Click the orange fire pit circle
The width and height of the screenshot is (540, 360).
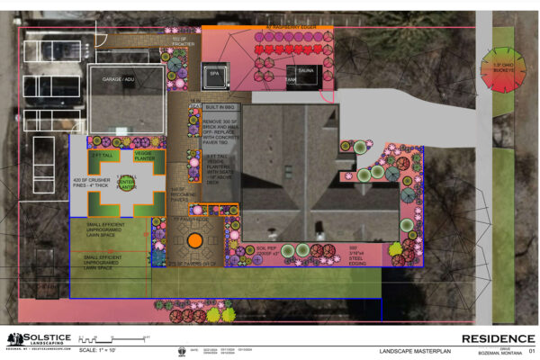(193, 241)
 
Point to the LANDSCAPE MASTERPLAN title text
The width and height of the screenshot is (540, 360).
(411, 350)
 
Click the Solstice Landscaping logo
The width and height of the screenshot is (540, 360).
(32, 338)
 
